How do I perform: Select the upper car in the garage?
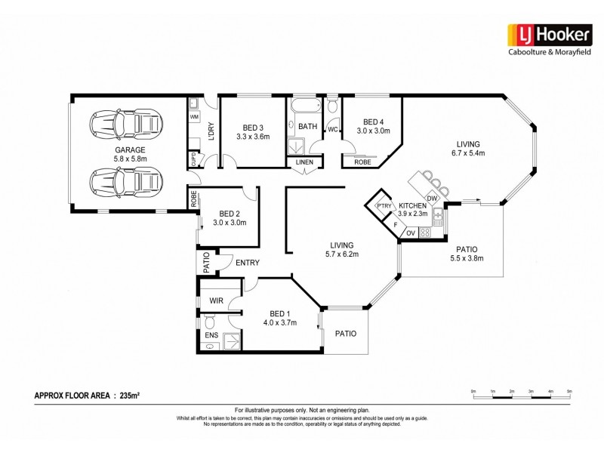[x=125, y=122]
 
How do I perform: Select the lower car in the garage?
[x=125, y=182]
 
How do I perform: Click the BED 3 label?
[x=253, y=128]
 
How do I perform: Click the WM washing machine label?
[x=193, y=118]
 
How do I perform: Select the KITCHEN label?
[x=413, y=205]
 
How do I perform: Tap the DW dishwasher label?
[x=431, y=198]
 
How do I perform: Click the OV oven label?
[x=411, y=233]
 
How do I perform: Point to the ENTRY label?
[x=247, y=263]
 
